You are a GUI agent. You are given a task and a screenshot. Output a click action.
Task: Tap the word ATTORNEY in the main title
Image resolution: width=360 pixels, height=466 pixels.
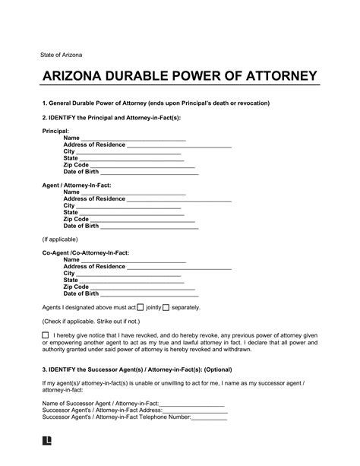(275, 78)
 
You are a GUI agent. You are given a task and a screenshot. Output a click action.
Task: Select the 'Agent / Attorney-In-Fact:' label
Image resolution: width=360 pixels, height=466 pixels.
(75, 185)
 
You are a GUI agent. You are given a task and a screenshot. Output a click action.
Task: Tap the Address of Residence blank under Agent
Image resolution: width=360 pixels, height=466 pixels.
(178, 201)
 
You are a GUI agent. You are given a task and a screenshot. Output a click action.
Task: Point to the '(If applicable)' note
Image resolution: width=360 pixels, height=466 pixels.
(60, 239)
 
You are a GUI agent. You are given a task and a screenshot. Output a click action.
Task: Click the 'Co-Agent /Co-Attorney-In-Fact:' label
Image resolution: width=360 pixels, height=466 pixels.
(85, 251)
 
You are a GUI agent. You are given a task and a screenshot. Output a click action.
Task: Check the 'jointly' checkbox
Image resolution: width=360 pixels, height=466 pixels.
(140, 308)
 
